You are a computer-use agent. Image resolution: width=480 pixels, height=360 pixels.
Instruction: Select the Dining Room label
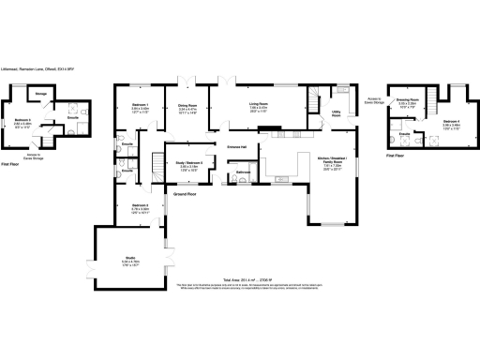click(188, 106)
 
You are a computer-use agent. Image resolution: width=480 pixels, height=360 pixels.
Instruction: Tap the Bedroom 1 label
click(141, 106)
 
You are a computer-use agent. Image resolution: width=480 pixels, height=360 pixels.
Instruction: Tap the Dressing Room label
click(407, 98)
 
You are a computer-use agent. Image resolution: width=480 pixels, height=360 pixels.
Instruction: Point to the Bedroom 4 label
click(451, 122)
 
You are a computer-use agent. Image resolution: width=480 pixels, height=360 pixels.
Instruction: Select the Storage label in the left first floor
click(41, 95)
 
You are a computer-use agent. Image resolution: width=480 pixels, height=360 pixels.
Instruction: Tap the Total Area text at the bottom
click(240, 278)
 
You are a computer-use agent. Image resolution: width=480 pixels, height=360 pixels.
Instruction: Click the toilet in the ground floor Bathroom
click(242, 184)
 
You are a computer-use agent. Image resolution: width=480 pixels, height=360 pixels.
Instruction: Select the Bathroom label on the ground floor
click(242, 173)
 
